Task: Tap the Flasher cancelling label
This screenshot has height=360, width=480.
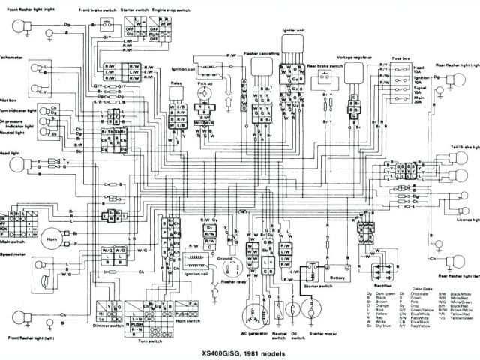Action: click(x=260, y=55)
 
